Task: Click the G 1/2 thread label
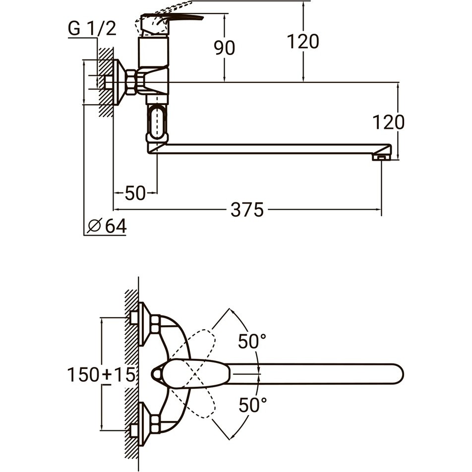[x=92, y=29]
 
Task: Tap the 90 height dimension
[x=225, y=48]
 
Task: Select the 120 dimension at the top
[x=303, y=41]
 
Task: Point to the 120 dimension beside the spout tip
[x=389, y=122]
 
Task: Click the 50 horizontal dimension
[x=135, y=193]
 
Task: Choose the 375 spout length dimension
[x=247, y=210]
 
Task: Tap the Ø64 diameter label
[x=107, y=226]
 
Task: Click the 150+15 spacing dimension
[x=101, y=375]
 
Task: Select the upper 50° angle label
[x=252, y=341]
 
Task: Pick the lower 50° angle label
[x=253, y=405]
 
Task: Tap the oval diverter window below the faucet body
[x=157, y=122]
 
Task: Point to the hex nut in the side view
[x=131, y=82]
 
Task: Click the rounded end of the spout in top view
[x=397, y=374]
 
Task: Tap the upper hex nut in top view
[x=155, y=324]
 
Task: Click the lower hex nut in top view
[x=155, y=424]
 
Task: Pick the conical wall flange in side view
[x=119, y=82]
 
